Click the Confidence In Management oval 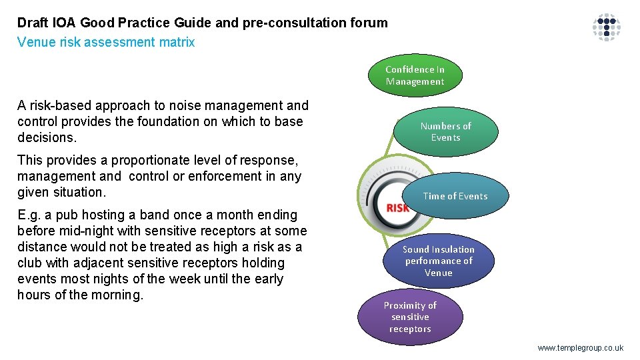click(x=415, y=75)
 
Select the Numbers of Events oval click(x=445, y=131)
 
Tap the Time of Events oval click(x=455, y=196)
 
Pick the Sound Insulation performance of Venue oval click(x=438, y=261)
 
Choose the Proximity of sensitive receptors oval click(x=410, y=317)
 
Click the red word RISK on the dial click(x=398, y=207)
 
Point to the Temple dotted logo click(x=607, y=27)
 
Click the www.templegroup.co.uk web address click(x=580, y=348)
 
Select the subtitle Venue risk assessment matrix click(x=106, y=43)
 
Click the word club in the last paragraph click(x=31, y=263)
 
